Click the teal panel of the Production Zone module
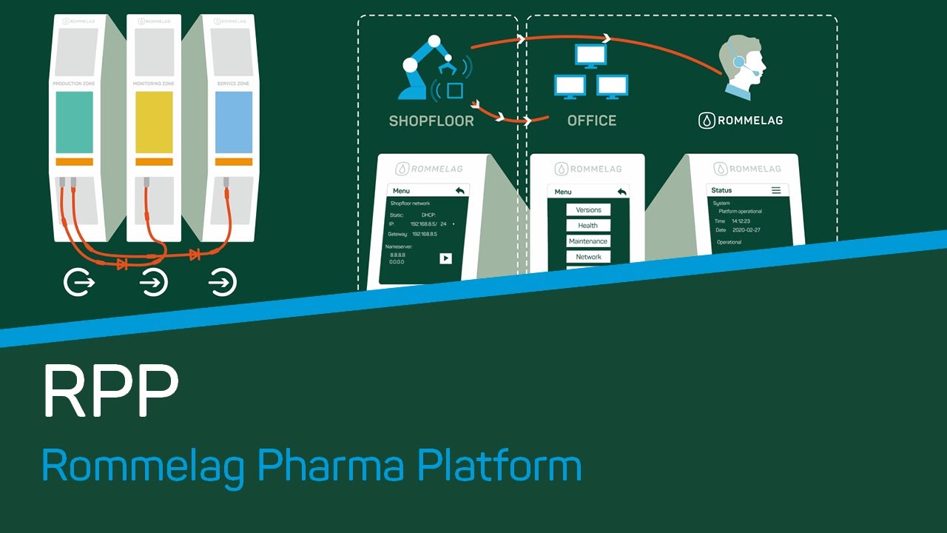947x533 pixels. pos(75,122)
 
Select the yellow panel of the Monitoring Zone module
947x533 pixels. pos(154,122)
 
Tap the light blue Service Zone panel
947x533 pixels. pos(234,122)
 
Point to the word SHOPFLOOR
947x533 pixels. pos(431,121)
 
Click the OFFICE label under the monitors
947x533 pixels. pos(591,121)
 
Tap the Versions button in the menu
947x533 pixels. pos(588,210)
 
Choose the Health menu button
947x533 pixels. pos(588,226)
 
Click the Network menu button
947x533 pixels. pos(588,257)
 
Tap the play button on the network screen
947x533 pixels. pos(445,258)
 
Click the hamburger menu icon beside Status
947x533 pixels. pos(776,190)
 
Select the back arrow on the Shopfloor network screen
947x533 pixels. pos(459,190)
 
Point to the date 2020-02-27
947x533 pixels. pos(746,230)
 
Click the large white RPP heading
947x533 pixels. pos(111,391)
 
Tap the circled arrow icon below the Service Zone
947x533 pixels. pos(223,282)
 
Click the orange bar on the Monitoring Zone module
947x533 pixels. pos(154,161)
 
